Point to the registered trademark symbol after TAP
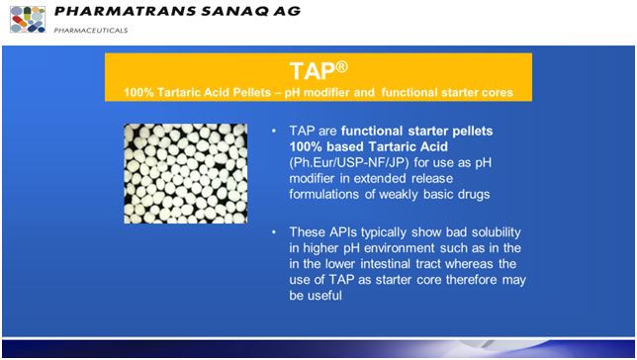[341, 66]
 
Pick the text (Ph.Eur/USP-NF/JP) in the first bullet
[347, 160]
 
